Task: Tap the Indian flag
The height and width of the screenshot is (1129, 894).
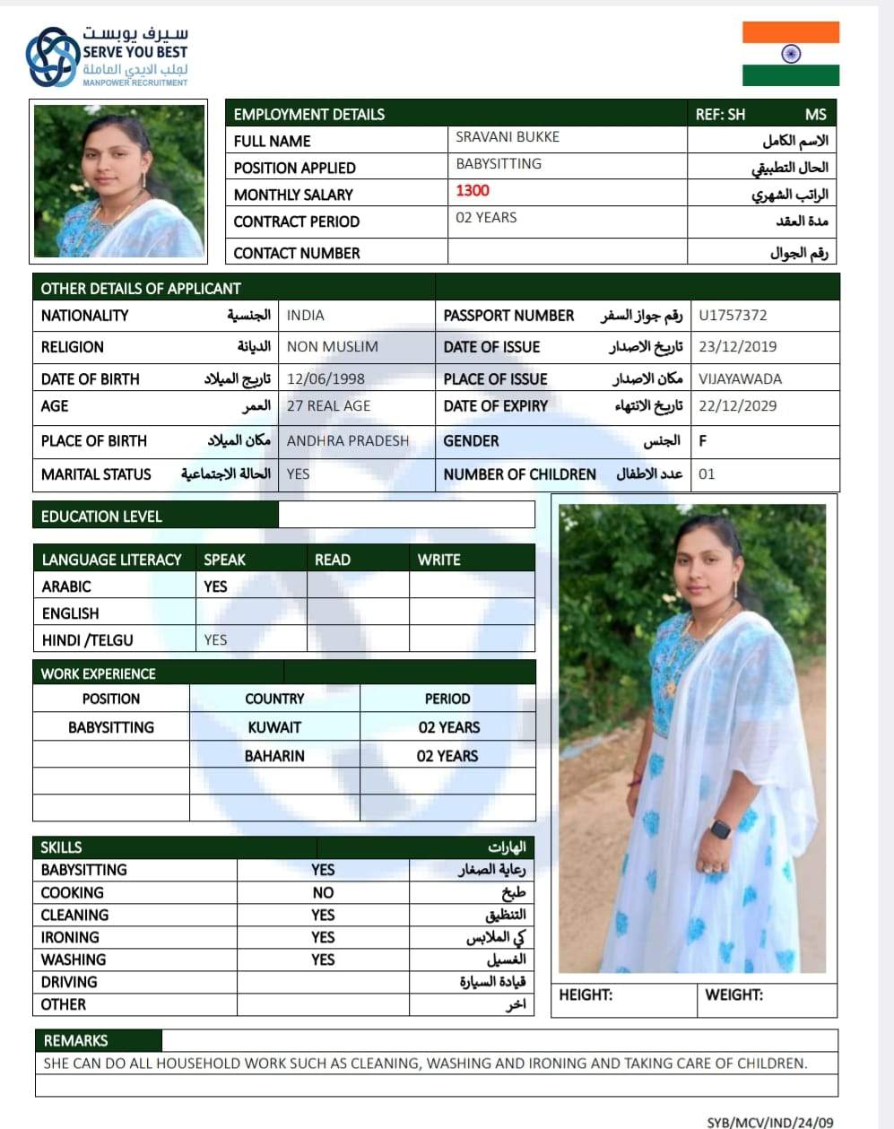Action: click(x=790, y=54)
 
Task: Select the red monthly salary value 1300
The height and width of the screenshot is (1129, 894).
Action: click(x=473, y=190)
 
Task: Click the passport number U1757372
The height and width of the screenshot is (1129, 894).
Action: click(x=733, y=316)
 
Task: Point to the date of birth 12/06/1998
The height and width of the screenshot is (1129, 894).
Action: click(x=325, y=378)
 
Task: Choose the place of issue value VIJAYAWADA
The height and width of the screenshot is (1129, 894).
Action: click(x=740, y=378)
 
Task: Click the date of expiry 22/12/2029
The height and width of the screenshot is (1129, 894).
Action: click(x=737, y=406)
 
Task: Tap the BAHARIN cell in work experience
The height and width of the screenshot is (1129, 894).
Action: click(x=274, y=756)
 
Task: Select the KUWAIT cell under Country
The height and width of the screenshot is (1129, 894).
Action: click(x=274, y=727)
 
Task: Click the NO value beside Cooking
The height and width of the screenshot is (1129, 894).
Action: click(x=323, y=893)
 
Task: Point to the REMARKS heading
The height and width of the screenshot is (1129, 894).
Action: click(x=75, y=1040)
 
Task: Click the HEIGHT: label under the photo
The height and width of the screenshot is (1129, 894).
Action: click(x=586, y=994)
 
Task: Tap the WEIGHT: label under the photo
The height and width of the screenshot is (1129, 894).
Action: click(x=733, y=994)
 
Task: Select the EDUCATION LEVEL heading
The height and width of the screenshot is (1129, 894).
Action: click(x=101, y=517)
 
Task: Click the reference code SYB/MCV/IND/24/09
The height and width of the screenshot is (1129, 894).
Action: click(x=769, y=1122)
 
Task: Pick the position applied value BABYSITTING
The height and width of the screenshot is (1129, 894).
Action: click(x=499, y=164)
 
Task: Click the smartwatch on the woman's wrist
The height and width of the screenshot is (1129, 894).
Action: click(x=720, y=829)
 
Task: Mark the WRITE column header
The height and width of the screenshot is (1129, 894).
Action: click(x=438, y=560)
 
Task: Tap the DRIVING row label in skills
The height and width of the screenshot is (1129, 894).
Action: click(x=69, y=982)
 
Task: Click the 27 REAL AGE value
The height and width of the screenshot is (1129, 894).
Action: click(x=328, y=406)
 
